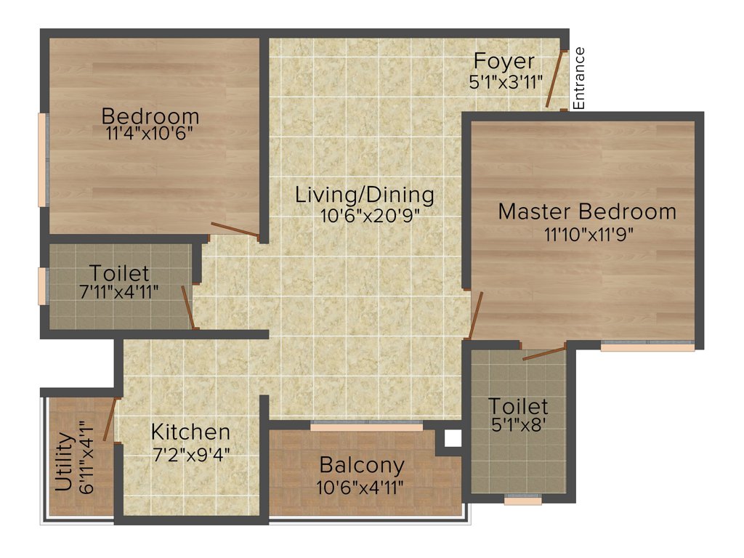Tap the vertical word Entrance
[x=579, y=78]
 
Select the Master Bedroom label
[x=587, y=211]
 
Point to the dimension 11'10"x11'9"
[x=587, y=234]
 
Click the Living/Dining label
[x=365, y=195]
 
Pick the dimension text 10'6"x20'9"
[x=369, y=216]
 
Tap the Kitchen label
[x=190, y=432]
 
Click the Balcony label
[x=362, y=464]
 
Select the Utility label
[x=64, y=462]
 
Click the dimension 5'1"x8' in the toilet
[x=517, y=424]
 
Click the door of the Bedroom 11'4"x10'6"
[x=234, y=230]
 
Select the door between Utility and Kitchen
[x=110, y=419]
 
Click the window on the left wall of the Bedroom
[x=43, y=160]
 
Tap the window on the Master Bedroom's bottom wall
[x=647, y=347]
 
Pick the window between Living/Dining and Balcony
[x=366, y=426]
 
